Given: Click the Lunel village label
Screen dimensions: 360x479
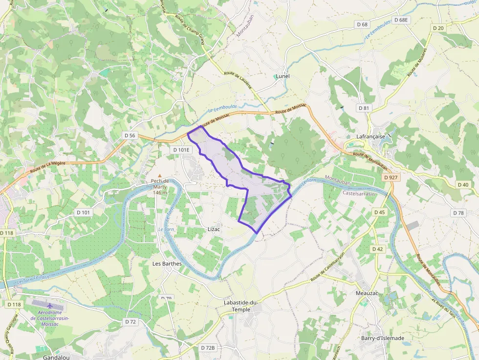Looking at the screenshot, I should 283,76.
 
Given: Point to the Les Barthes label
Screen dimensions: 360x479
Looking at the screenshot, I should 167,264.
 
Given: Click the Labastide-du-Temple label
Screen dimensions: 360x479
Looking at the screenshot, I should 240,306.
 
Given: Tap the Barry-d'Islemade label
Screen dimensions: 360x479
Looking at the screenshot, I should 383,338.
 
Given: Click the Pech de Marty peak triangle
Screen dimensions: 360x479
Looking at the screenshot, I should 159,175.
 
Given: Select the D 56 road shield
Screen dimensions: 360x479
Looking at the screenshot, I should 130,135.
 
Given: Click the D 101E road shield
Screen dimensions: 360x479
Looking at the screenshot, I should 181,149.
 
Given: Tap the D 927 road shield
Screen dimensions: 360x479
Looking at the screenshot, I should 391,177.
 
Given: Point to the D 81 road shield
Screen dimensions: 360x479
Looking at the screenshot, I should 363,107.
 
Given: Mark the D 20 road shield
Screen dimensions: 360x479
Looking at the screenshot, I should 438,28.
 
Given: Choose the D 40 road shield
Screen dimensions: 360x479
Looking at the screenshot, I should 463,185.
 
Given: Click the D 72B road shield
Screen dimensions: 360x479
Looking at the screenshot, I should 208,348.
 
